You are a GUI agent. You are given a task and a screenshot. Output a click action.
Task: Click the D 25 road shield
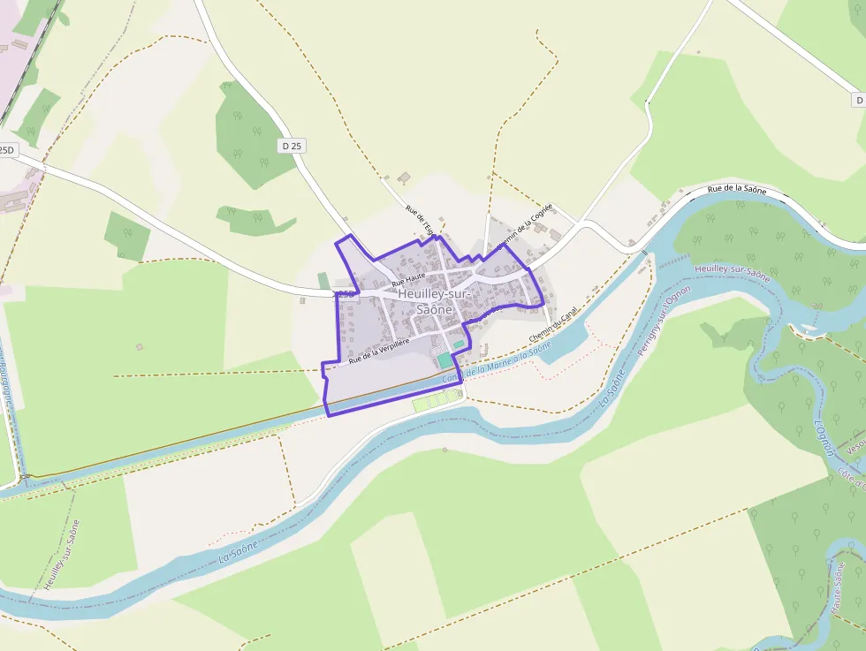pos(292,146)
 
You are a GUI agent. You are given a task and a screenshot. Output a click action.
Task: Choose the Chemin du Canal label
pos(552,325)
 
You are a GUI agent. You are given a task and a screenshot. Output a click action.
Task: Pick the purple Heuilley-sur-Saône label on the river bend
pos(733,273)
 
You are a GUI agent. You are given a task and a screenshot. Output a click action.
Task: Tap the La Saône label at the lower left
pos(239,550)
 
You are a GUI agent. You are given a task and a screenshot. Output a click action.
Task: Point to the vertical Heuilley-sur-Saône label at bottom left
pos(62,554)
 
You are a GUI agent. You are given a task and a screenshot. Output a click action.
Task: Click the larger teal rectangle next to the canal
pos(444,361)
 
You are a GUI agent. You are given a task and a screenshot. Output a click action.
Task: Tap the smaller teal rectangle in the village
pos(459,344)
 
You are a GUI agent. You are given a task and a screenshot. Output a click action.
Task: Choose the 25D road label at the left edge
pos(7,150)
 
